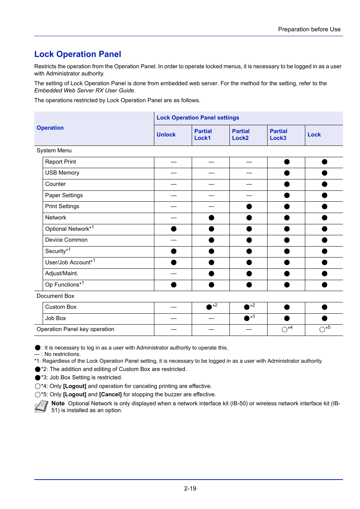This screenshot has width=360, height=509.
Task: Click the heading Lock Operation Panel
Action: pyautogui.click(x=78, y=54)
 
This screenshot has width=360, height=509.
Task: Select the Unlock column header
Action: pyautogui.click(x=166, y=135)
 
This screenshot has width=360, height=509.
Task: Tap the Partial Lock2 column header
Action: pyautogui.click(x=241, y=135)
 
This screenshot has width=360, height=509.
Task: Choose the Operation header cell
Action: pyautogui.click(x=50, y=128)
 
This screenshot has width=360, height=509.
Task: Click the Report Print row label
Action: pyautogui.click(x=60, y=162)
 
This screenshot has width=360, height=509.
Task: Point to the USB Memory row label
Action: pyautogui.click(x=62, y=173)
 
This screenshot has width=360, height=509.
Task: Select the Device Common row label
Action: pyautogui.click(x=66, y=240)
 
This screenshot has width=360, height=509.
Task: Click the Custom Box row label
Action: pyautogui.click(x=61, y=307)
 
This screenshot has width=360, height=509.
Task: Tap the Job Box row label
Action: pyautogui.click(x=55, y=318)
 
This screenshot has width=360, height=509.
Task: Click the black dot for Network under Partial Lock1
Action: pyautogui.click(x=211, y=218)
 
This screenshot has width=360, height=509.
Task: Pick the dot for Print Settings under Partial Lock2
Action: pyautogui.click(x=249, y=207)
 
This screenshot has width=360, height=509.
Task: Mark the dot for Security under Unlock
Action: pyautogui.click(x=174, y=251)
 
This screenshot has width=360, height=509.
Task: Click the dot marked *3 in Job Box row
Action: pyautogui.click(x=247, y=318)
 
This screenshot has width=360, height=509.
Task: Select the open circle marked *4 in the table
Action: pyautogui.click(x=285, y=330)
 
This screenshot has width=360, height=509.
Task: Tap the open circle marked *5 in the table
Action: pyautogui.click(x=322, y=330)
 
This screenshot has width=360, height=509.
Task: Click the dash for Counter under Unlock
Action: pyautogui.click(x=174, y=184)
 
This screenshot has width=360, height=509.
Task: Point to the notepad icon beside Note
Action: pyautogui.click(x=41, y=406)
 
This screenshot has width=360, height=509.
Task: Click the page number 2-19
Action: pyautogui.click(x=190, y=489)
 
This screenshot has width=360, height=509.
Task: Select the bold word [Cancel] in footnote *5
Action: pyautogui.click(x=110, y=394)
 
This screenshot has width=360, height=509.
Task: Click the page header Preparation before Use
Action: pyautogui.click(x=309, y=29)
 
